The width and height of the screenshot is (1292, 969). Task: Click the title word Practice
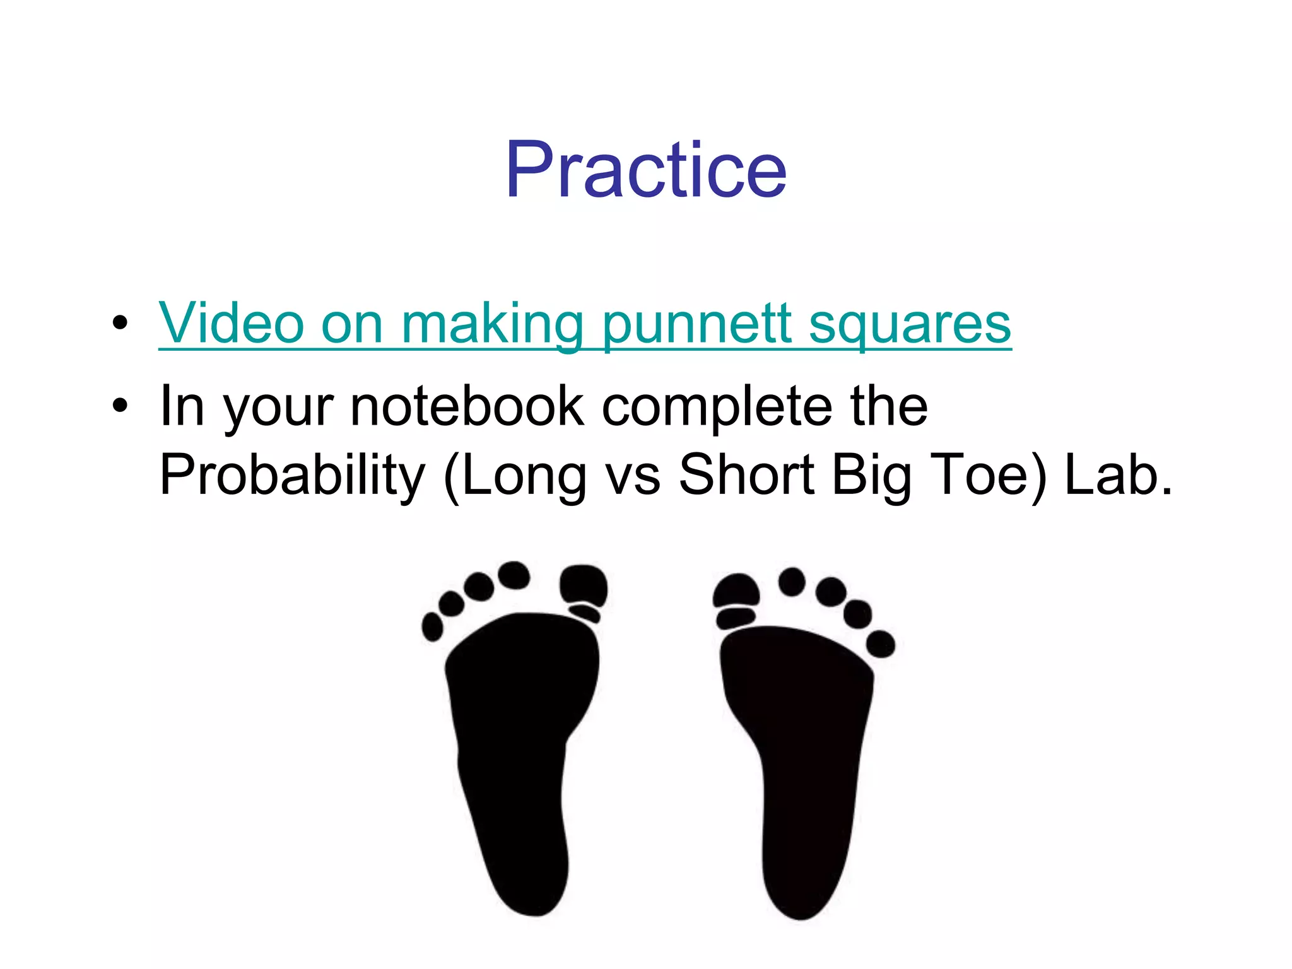(645, 169)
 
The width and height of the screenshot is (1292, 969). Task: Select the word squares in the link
(910, 324)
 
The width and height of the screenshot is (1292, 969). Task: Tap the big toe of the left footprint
(583, 585)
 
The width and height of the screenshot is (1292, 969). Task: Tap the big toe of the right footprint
(736, 591)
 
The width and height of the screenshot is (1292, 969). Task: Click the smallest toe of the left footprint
(432, 626)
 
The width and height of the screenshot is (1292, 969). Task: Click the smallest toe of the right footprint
(881, 643)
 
